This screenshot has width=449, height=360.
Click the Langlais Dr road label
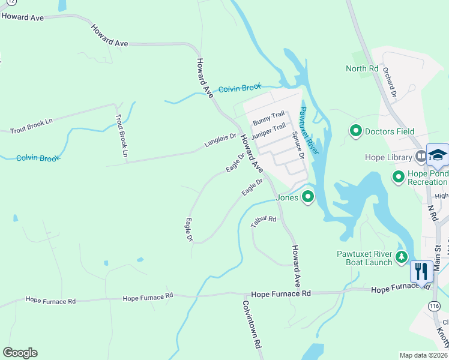[x=220, y=140]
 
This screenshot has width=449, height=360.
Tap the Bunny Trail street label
[x=268, y=118]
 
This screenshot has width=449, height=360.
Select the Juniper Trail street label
[x=268, y=131]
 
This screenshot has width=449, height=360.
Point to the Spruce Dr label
[x=298, y=145]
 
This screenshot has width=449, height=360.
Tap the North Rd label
[x=362, y=68]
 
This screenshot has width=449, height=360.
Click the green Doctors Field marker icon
[x=356, y=130]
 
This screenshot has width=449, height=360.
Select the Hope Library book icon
[x=421, y=157]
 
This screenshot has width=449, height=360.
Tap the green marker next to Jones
[x=308, y=196]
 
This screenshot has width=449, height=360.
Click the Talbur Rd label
[x=264, y=221]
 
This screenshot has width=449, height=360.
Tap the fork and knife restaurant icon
[x=421, y=271]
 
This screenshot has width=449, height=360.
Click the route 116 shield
[x=434, y=307]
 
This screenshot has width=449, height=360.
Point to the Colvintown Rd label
[x=252, y=324]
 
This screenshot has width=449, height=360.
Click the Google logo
[x=20, y=353]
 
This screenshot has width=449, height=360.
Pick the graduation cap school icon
[x=438, y=155]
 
